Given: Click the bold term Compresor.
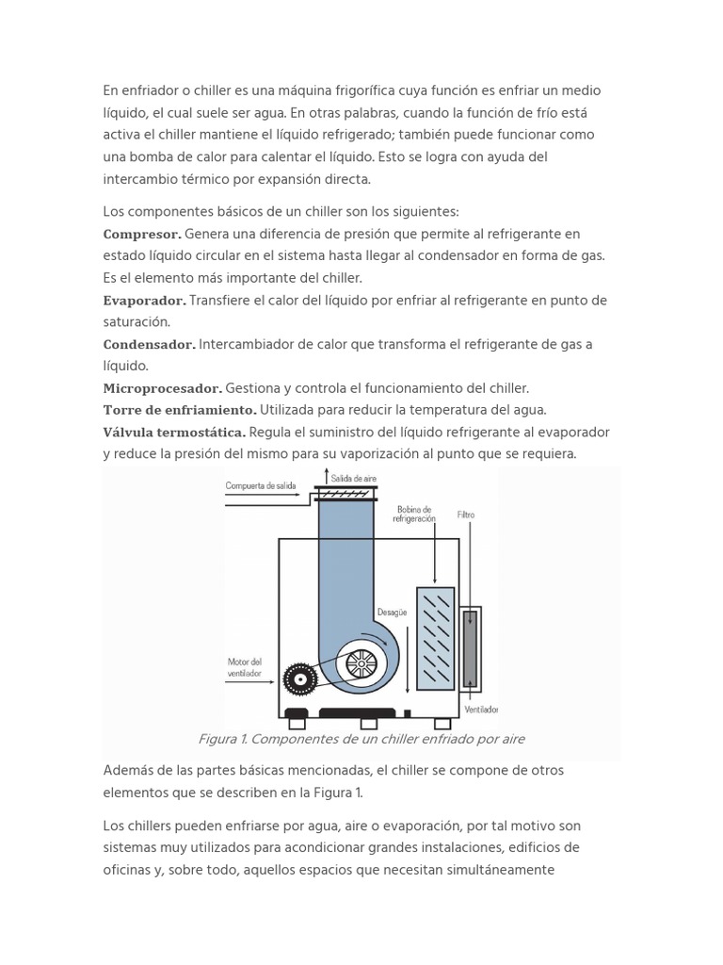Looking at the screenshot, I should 142,234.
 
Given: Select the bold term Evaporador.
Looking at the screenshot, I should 145,301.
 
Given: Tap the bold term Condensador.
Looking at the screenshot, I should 149,345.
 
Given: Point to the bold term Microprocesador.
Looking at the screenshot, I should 162,388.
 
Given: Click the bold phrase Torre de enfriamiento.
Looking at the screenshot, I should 179,410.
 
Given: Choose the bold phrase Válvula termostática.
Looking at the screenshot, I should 174,433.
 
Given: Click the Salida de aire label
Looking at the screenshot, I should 353,479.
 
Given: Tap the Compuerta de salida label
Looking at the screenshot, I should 261,486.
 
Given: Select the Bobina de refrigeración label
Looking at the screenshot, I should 415,514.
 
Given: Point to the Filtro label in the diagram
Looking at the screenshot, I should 466,515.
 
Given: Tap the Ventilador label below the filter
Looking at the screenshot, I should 481,709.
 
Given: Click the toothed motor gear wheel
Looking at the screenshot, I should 300,678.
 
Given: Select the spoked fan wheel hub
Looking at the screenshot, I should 361,664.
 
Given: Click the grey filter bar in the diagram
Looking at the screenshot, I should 470,650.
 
